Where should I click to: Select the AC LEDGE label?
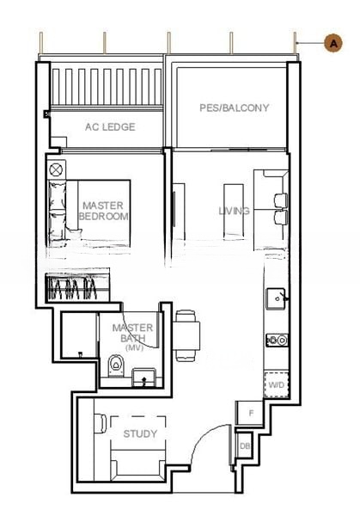coord(109,126)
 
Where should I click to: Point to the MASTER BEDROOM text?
coord(103,211)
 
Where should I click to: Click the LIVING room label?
coord(234,211)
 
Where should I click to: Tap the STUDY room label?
coord(140,434)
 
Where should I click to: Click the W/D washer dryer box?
coord(276,384)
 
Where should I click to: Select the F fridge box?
coord(250,414)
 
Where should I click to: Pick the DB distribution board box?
coord(244,445)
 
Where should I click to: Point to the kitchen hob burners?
coord(276,340)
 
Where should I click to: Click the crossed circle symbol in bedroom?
coord(57,169)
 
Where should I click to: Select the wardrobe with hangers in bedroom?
coord(76,288)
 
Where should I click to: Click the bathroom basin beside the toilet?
coord(145,374)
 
